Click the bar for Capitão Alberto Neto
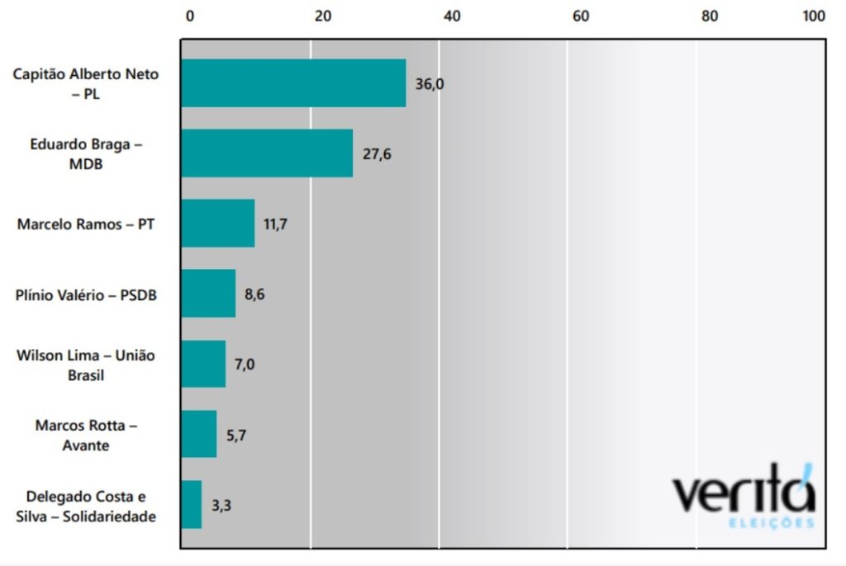[293, 83]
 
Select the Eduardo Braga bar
[267, 153]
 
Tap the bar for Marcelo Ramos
[218, 223]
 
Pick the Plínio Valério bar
[208, 293]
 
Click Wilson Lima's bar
[203, 363]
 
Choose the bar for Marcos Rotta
[199, 433]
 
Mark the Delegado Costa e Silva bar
[192, 503]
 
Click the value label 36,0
[430, 83]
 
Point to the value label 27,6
[377, 153]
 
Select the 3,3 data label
[221, 504]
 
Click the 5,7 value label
[235, 434]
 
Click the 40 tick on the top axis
[451, 17]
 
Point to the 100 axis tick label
[814, 17]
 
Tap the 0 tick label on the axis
[190, 17]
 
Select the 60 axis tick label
[580, 17]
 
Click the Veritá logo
[744, 493]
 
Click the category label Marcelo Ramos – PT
[86, 224]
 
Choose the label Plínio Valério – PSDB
[86, 294]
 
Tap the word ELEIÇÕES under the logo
[772, 523]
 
